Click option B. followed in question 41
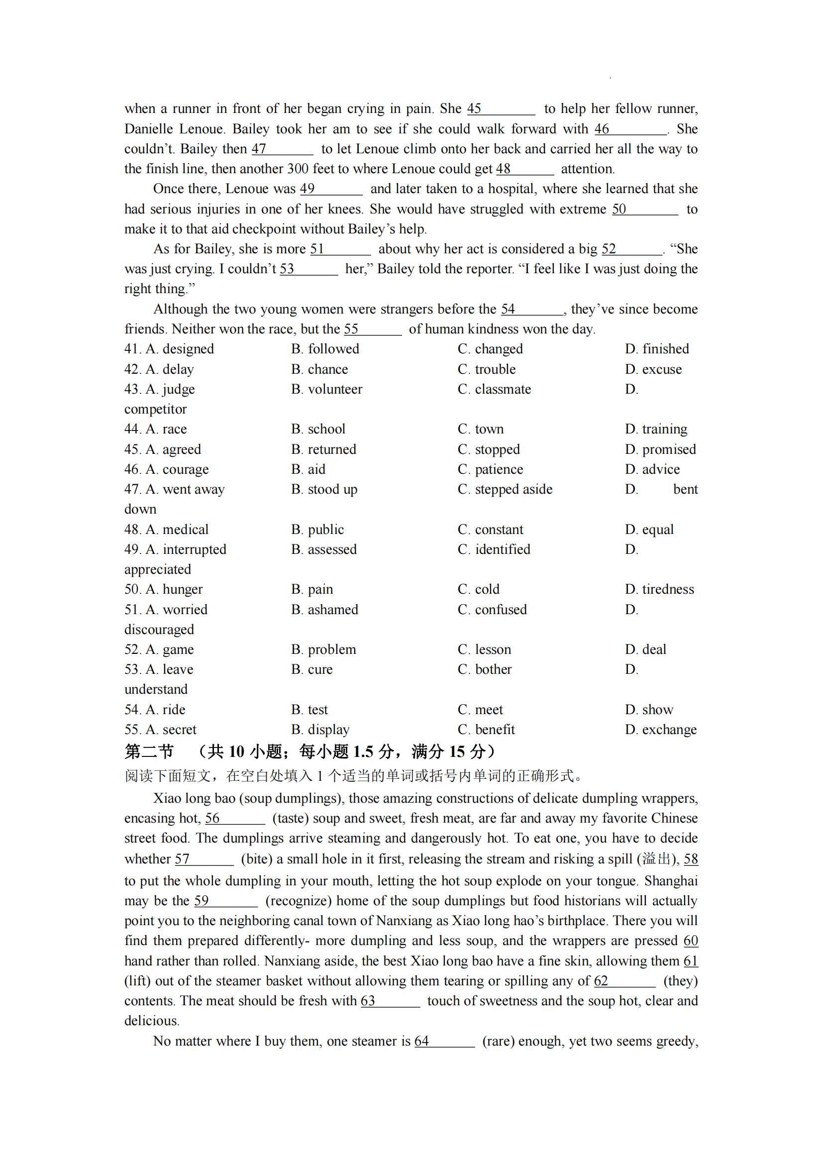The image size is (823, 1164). [325, 349]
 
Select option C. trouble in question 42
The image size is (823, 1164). [487, 369]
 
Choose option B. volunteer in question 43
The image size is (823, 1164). [326, 389]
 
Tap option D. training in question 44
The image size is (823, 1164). [656, 429]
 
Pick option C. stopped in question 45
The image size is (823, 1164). [489, 449]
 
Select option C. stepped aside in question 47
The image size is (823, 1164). [505, 489]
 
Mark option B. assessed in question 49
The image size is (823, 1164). [324, 549]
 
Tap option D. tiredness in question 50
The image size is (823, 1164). [659, 589]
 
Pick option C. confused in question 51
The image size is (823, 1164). [492, 610]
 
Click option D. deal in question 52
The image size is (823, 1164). [645, 649]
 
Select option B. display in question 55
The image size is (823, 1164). [320, 730]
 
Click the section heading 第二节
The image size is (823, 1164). [149, 751]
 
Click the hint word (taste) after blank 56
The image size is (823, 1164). [291, 818]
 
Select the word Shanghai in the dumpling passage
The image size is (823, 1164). [670, 881]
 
